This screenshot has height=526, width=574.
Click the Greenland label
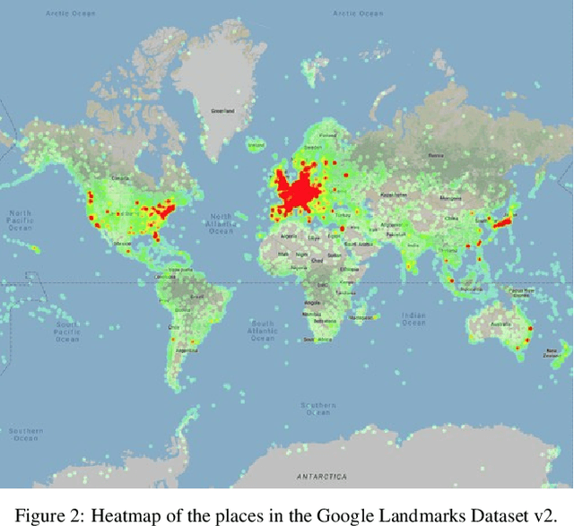pyautogui.click(x=222, y=111)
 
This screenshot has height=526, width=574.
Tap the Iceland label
pyautogui.click(x=256, y=144)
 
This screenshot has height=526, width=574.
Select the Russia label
pyautogui.click(x=436, y=156)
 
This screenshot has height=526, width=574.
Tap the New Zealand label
pyautogui.click(x=551, y=352)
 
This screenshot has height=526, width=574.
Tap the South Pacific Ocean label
pyautogui.click(x=67, y=332)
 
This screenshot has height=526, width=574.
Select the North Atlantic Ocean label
pyautogui.click(x=221, y=223)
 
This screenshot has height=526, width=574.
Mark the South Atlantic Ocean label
pyautogui.click(x=262, y=328)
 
